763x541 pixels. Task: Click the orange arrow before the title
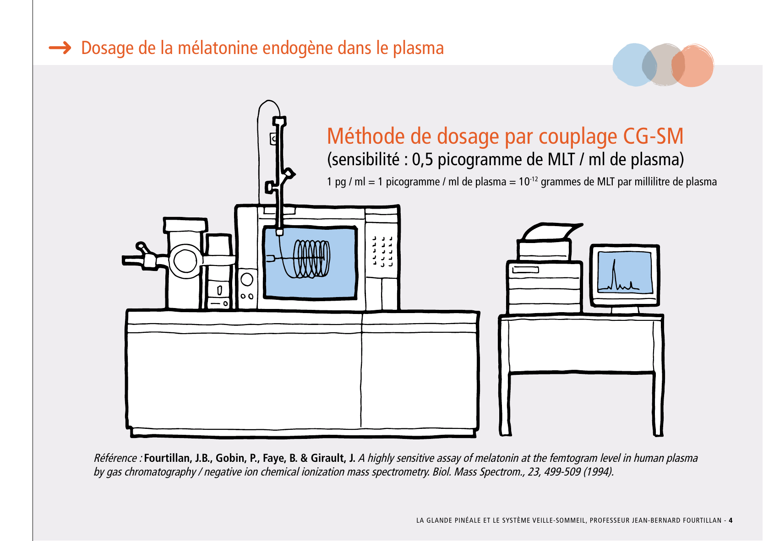(x=60, y=48)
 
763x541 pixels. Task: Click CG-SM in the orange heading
(x=653, y=136)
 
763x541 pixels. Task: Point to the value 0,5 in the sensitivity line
(x=422, y=159)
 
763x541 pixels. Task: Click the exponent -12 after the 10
(x=534, y=179)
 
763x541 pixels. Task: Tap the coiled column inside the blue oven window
(x=311, y=259)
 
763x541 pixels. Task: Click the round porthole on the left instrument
(x=185, y=260)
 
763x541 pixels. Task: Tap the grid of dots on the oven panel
(x=382, y=251)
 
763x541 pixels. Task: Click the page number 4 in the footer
(x=730, y=520)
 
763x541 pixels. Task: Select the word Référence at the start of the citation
(x=115, y=458)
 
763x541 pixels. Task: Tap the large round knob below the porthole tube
(x=246, y=280)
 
